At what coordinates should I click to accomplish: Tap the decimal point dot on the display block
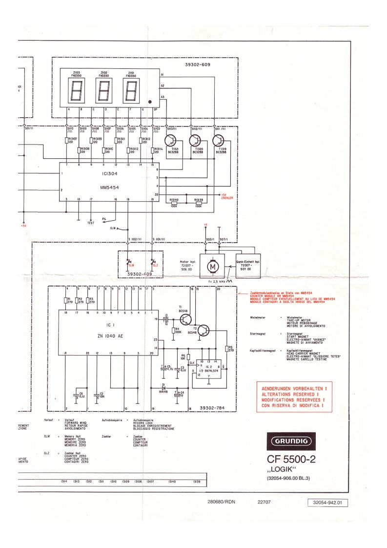click(150, 102)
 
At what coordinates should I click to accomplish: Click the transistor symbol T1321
click(172, 141)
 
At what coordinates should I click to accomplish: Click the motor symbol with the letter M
click(212, 267)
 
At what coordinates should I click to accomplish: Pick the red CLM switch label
click(131, 265)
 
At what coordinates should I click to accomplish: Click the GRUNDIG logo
click(291, 442)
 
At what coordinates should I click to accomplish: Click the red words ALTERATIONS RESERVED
click(290, 394)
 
